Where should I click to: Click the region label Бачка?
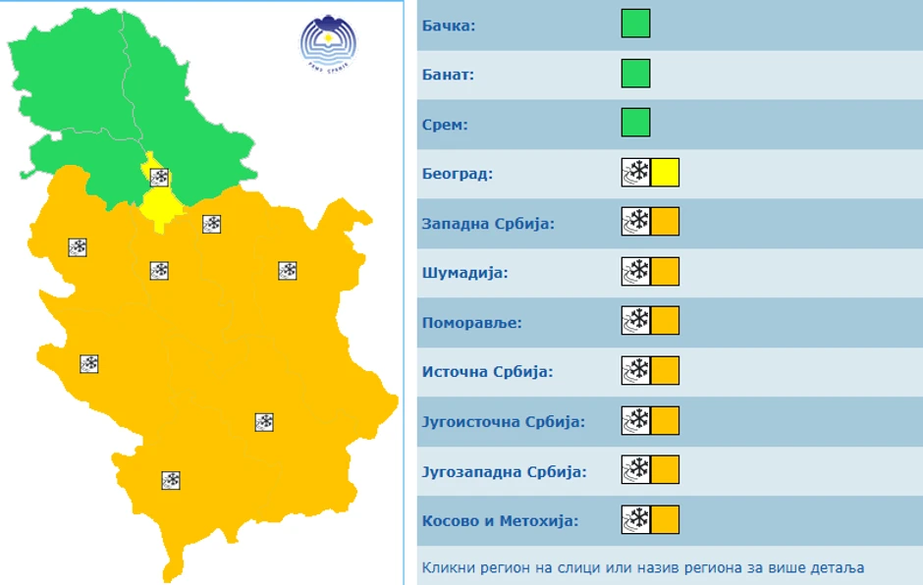449,25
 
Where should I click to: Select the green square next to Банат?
635,74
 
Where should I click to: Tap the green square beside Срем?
635,123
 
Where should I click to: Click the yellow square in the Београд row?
665,173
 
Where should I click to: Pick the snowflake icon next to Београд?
636,173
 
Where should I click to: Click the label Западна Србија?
488,223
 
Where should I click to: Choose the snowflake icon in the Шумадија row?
636,272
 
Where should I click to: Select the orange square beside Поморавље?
665,321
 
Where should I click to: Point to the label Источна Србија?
487,372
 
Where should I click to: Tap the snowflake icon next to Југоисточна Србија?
636,421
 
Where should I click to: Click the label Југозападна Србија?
504,471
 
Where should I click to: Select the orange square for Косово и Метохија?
665,519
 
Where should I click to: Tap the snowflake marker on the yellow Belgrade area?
159,178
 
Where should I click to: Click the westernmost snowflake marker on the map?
78,247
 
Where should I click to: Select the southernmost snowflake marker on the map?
171,480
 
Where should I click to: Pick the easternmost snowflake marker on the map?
288,271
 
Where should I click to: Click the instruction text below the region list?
642,567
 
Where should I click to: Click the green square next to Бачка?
635,24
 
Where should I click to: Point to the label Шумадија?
464,272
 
